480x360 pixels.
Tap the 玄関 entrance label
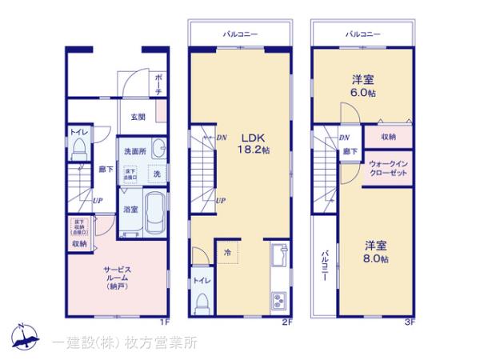click(x=139, y=117)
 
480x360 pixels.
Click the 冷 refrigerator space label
click(x=226, y=253)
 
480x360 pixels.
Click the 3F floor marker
click(x=409, y=322)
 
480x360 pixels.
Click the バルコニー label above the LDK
click(x=240, y=34)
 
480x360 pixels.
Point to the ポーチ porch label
click(x=158, y=84)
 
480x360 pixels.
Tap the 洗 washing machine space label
click(x=157, y=174)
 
